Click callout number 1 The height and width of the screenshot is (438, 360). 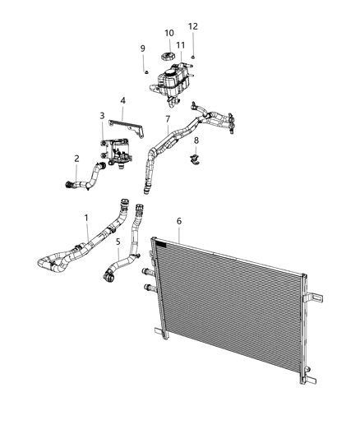click(x=87, y=218)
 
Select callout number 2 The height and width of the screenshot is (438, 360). click(x=76, y=159)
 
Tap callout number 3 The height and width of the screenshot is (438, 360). click(x=102, y=116)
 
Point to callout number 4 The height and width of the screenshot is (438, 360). click(x=122, y=101)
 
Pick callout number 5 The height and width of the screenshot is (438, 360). click(x=118, y=242)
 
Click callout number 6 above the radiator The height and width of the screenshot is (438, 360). click(x=179, y=220)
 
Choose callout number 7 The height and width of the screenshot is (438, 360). click(x=167, y=119)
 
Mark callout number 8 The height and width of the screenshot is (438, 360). click(x=196, y=141)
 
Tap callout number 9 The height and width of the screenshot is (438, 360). click(x=142, y=48)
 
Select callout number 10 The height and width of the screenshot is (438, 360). click(x=169, y=34)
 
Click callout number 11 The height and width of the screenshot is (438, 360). click(x=180, y=45)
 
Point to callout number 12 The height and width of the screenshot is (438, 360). click(x=193, y=26)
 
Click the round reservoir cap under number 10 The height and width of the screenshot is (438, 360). click(x=166, y=57)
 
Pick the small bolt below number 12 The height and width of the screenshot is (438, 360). click(x=192, y=55)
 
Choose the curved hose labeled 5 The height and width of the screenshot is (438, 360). click(x=115, y=267)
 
